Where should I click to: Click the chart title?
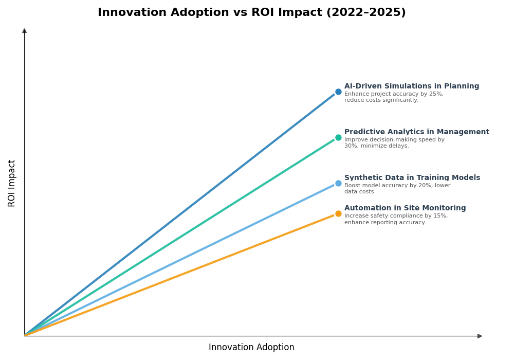pyautogui.click(x=251, y=13)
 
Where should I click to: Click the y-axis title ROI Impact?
pyautogui.click(x=12, y=183)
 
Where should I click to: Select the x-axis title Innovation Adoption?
pyautogui.click(x=251, y=348)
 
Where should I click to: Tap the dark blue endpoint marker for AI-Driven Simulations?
pyautogui.click(x=338, y=92)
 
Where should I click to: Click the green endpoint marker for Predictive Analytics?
pyautogui.click(x=338, y=138)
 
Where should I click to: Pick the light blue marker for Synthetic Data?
pyautogui.click(x=338, y=184)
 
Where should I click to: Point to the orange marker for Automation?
pyautogui.click(x=338, y=214)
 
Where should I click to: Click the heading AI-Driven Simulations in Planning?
pyautogui.click(x=411, y=86)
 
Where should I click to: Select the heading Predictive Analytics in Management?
pyautogui.click(x=416, y=132)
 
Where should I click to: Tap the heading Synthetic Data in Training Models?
pyautogui.click(x=412, y=178)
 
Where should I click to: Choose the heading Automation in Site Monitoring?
pyautogui.click(x=405, y=208)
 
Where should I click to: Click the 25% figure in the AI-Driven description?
pyautogui.click(x=435, y=94)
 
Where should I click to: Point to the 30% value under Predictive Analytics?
pyautogui.click(x=350, y=146)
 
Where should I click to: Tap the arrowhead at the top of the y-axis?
pyautogui.click(x=24, y=31)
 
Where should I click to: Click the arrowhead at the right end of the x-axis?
pyautogui.click(x=480, y=336)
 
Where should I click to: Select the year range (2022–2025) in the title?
pyautogui.click(x=365, y=13)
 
